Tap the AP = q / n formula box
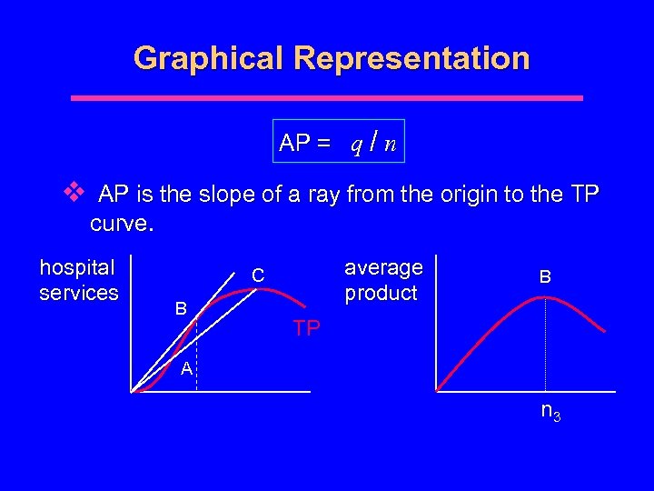pyautogui.click(x=339, y=142)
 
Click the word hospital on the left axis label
pyautogui.click(x=78, y=267)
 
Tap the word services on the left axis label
pyautogui.click(x=79, y=293)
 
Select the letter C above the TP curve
pyautogui.click(x=258, y=275)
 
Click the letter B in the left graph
pyautogui.click(x=181, y=309)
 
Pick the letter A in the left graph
pyautogui.click(x=185, y=368)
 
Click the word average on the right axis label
pyautogui.click(x=383, y=267)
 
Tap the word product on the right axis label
pyautogui.click(x=381, y=293)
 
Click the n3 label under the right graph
pyautogui.click(x=550, y=412)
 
